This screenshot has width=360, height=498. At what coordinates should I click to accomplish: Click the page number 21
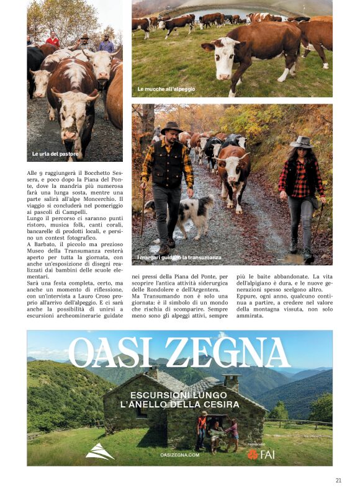[338, 479]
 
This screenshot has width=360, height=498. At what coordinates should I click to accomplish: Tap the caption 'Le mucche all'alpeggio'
[166, 89]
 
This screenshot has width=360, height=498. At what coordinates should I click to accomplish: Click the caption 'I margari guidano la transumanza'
[170, 257]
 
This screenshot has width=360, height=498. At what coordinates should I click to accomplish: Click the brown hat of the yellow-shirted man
[171, 128]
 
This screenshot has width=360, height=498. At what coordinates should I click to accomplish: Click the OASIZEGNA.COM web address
[179, 455]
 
